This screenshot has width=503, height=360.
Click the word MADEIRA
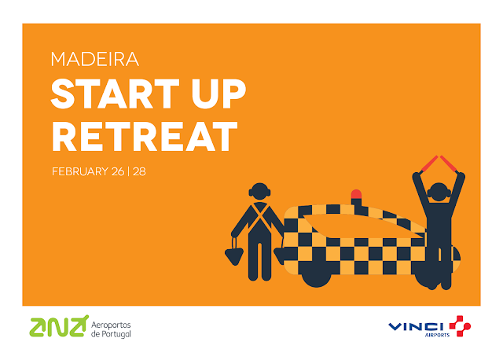[95, 59]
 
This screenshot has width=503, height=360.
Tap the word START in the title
[116, 94]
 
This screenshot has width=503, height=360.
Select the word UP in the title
[218, 94]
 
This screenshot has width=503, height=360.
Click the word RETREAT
[145, 136]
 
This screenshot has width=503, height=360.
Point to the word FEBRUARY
[80, 171]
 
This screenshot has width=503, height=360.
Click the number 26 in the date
[118, 171]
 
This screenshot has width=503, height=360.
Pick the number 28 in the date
[139, 171]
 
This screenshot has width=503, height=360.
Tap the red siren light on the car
[356, 194]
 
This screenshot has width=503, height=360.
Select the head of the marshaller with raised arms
[439, 192]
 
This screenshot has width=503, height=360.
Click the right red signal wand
[449, 164]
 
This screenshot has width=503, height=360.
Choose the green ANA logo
[59, 327]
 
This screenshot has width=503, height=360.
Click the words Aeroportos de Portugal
[111, 329]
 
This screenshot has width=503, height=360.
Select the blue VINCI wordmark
[416, 327]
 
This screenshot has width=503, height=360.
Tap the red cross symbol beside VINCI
[460, 326]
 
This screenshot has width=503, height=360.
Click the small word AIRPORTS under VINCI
[437, 335]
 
